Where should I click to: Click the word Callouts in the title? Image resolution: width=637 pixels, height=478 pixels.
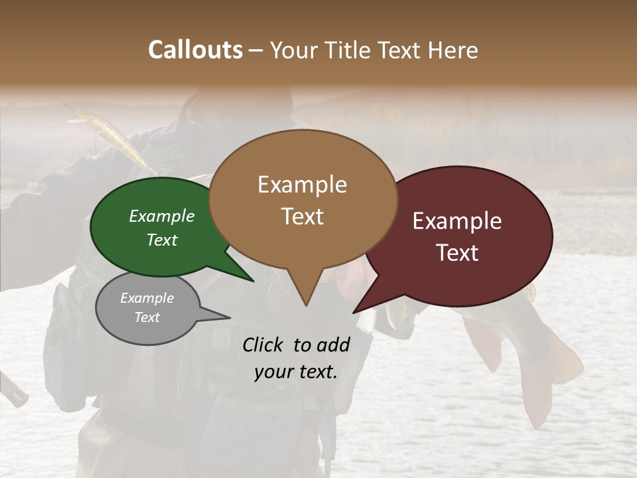tap(195, 50)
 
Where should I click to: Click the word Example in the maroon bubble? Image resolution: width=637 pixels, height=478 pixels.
tap(457, 221)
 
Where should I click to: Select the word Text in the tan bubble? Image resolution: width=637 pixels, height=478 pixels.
tap(303, 216)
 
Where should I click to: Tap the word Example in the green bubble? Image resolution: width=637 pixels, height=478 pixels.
tap(161, 216)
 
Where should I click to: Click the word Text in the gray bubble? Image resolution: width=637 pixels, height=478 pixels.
tap(147, 317)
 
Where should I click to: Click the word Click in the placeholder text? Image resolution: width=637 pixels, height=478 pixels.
tap(263, 345)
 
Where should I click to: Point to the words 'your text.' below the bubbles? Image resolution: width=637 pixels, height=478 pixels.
tap(296, 372)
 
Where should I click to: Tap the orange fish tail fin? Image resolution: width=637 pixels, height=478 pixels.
tap(564, 362)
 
